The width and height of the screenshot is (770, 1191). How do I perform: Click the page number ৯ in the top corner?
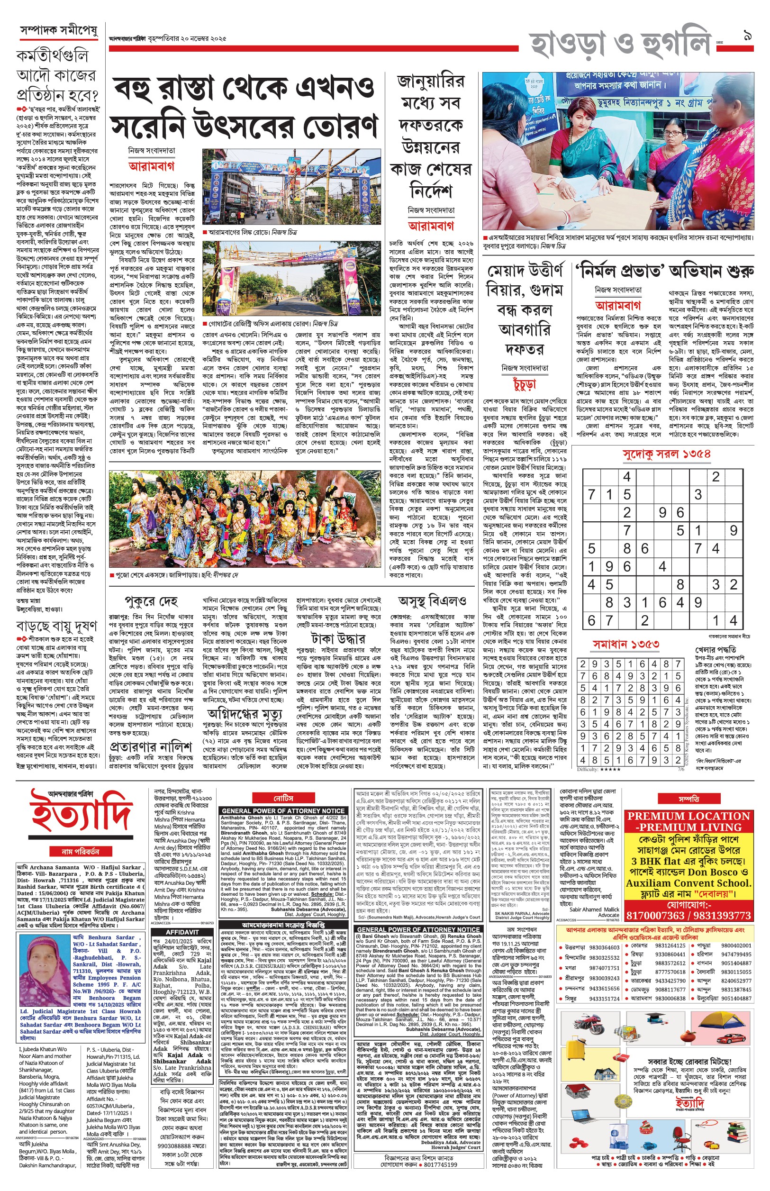point(748,36)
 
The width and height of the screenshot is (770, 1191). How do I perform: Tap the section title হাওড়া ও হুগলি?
point(620,44)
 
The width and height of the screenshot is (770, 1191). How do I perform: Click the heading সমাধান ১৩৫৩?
point(626,645)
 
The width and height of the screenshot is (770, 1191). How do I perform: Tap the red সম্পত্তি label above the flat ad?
point(688,799)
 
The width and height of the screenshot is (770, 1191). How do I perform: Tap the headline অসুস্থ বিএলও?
point(432,600)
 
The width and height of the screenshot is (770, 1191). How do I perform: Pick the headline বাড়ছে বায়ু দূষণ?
point(57,626)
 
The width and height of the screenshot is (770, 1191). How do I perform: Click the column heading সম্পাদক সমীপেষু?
point(58,30)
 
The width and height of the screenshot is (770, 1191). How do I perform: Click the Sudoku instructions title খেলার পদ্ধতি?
point(716,649)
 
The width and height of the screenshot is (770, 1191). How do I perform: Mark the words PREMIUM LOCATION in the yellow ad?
point(688,817)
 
